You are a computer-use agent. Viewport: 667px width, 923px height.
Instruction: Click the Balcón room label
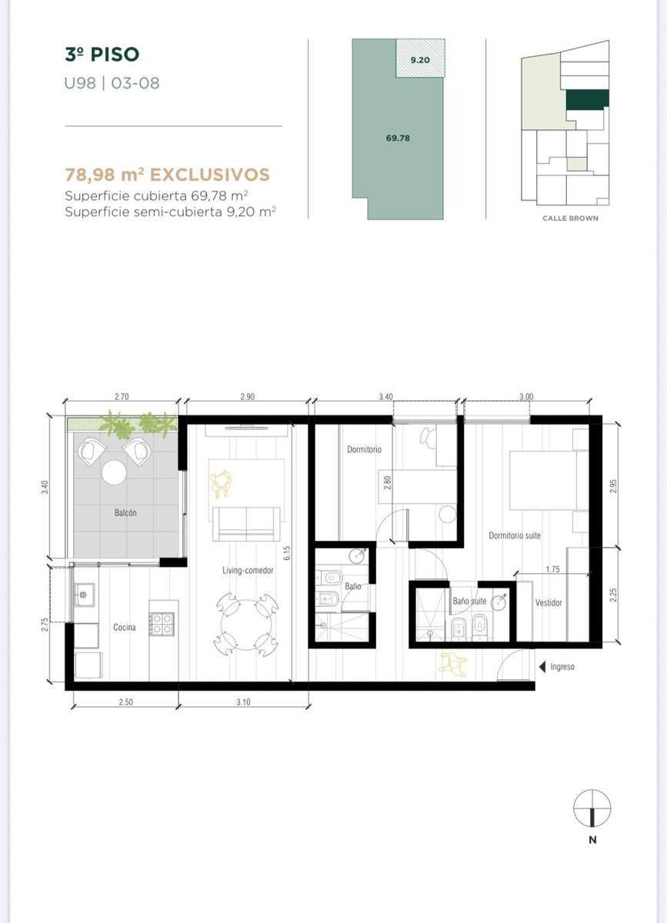pos(125,512)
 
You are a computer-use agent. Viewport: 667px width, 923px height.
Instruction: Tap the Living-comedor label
pos(248,570)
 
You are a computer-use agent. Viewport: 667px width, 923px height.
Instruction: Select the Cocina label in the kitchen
pos(125,627)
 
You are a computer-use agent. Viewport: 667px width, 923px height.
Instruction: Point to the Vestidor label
pos(549,603)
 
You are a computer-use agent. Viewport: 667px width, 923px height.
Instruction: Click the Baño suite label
pos(469,601)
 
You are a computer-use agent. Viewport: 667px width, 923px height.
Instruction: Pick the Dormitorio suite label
pos(515,535)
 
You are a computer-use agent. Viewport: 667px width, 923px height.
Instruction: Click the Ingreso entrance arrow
pos(543,667)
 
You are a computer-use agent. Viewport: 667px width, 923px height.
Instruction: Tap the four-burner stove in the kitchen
pos(162,624)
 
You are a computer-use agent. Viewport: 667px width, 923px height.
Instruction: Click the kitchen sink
pos(84,595)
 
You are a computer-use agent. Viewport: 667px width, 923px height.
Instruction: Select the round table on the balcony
pos(114,472)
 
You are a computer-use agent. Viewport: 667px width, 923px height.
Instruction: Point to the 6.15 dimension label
pos(287,553)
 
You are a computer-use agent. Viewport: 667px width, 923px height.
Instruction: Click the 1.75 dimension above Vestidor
pos(552,569)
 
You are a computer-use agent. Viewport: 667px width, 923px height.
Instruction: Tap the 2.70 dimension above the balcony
pos(122,397)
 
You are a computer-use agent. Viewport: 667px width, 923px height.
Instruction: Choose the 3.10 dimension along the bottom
pos(243,702)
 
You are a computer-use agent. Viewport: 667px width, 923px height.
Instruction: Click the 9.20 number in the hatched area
pos(420,60)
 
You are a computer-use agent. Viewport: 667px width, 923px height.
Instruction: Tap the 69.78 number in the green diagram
pos(398,138)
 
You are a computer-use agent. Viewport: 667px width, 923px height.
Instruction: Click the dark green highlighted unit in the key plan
pos(587,99)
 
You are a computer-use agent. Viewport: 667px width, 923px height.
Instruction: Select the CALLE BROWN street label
pos(570,218)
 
